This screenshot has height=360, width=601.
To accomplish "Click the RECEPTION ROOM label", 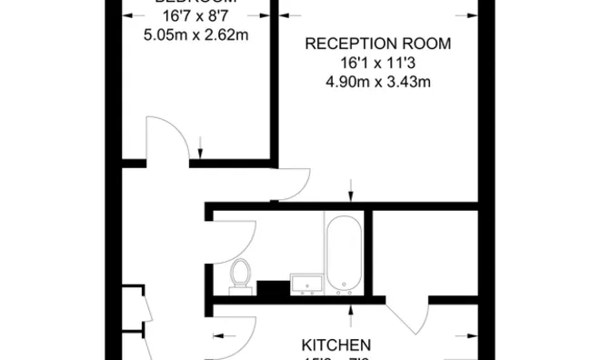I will tap(377, 44).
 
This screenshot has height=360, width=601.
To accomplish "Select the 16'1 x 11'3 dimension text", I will tap(377, 64).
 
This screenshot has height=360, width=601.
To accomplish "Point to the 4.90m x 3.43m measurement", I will tap(377, 83).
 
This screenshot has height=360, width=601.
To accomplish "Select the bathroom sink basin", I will tap(305, 285).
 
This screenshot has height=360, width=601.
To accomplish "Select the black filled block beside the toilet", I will tap(271, 288).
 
